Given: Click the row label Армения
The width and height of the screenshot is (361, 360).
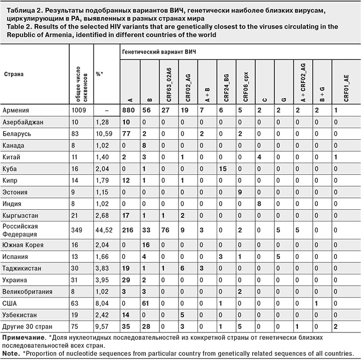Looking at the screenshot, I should pos(16,111).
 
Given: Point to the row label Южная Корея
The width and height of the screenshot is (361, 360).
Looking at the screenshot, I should pos(23,245).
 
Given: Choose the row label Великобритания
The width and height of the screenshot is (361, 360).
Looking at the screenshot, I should pos(27,291).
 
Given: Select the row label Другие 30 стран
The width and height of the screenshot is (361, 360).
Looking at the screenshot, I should pos(26,326).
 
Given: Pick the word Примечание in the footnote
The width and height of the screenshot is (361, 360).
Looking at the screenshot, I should pos(23,336).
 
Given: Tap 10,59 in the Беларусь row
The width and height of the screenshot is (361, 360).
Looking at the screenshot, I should pos(105,134).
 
